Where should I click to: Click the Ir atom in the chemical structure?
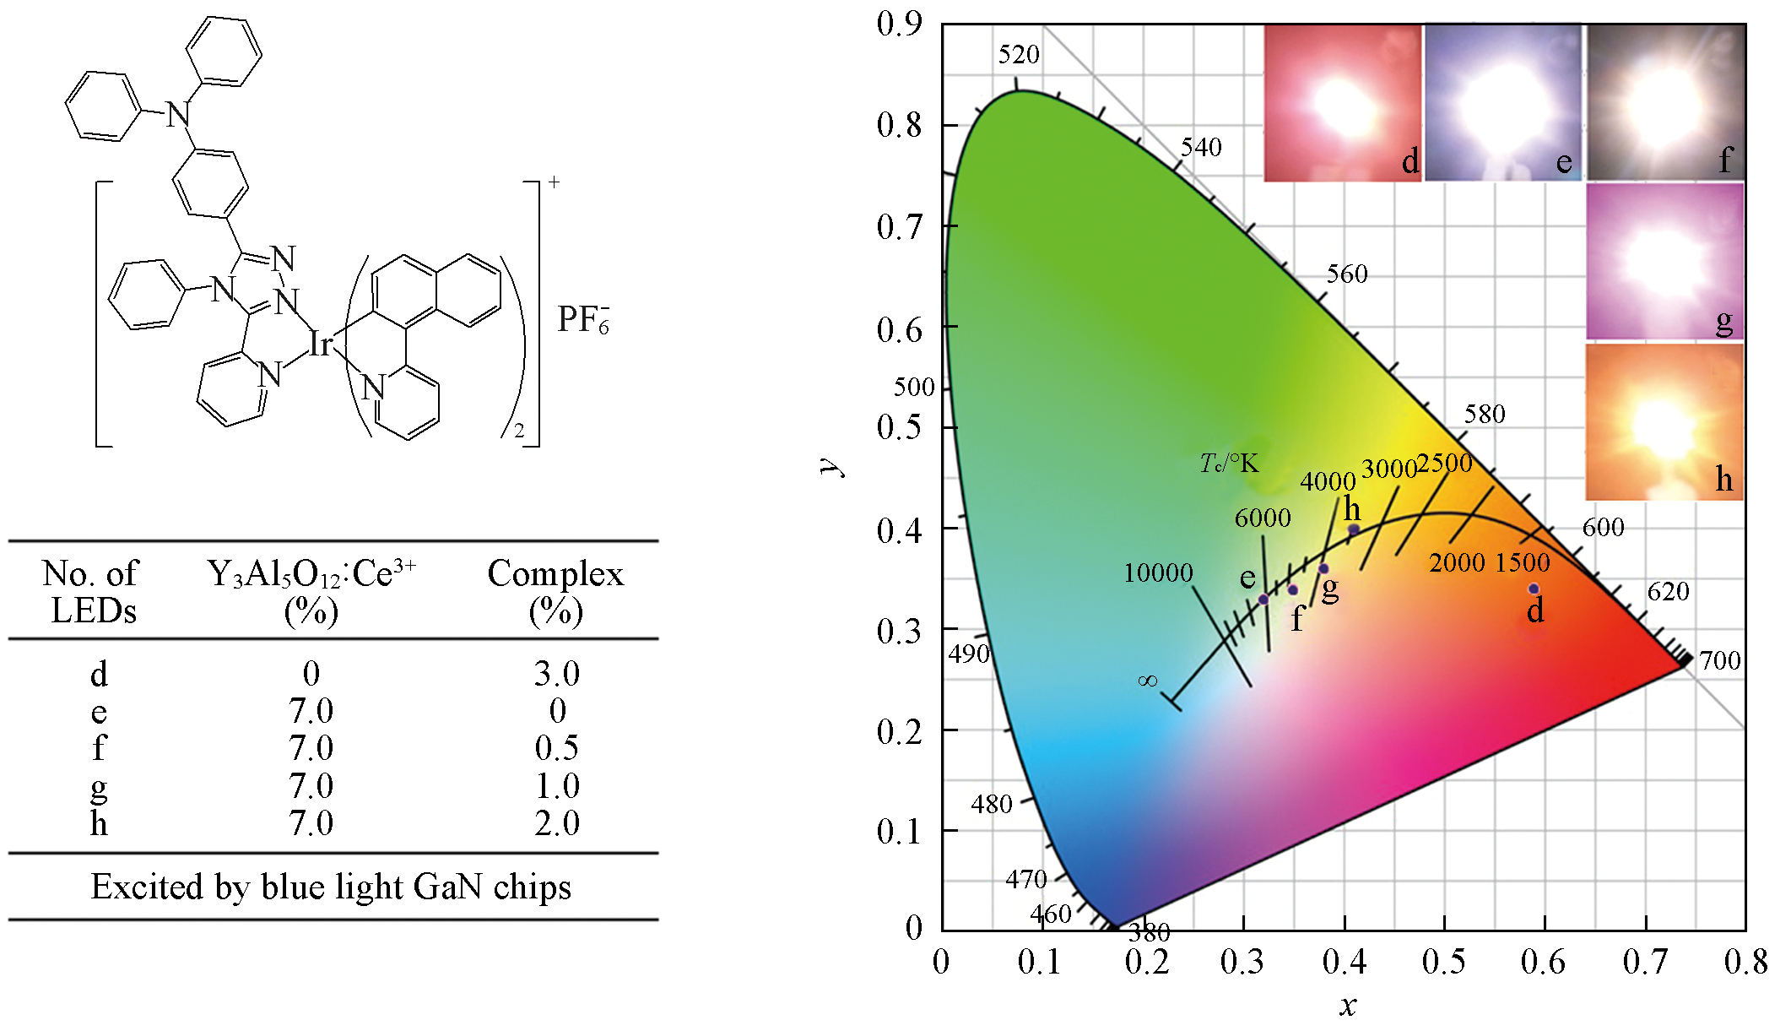click(x=320, y=344)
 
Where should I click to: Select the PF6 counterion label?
click(x=582, y=319)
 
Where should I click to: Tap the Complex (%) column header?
click(x=555, y=591)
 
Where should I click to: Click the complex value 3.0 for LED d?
click(x=556, y=673)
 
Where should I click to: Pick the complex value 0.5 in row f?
click(x=556, y=748)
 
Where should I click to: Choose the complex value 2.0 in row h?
click(x=556, y=823)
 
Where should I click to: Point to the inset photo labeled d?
click(x=1341, y=103)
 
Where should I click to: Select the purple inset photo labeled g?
click(x=1664, y=262)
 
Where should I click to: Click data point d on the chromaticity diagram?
click(x=1534, y=589)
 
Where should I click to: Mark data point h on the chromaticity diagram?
click(x=1354, y=529)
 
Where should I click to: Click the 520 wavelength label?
click(x=1019, y=55)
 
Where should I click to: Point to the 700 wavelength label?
click(x=1719, y=660)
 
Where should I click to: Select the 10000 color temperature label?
click(x=1158, y=572)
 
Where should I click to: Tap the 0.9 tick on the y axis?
click(x=900, y=24)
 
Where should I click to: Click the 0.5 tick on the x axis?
click(x=1443, y=962)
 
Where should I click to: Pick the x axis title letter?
click(x=1347, y=1006)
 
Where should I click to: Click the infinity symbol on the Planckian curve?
click(x=1148, y=681)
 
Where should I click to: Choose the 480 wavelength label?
click(x=991, y=804)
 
